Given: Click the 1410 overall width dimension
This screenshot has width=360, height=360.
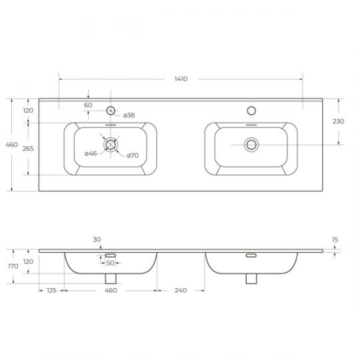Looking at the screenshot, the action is coord(181,79).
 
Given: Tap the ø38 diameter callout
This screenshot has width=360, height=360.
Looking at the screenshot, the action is coord(129,115).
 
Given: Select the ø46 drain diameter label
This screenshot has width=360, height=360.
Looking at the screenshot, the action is coord(91,153).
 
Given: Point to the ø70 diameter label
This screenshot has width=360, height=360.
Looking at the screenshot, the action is coord(133,155).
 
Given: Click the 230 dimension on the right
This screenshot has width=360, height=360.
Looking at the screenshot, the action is coord(338,121).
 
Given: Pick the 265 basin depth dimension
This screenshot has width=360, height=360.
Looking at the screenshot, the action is coord(28,149).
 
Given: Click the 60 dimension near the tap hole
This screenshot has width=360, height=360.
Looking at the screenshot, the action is coord(88,105).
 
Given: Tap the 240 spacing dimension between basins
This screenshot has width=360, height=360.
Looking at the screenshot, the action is coord(181,290).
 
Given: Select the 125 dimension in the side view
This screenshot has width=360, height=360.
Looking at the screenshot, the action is coord(51,290).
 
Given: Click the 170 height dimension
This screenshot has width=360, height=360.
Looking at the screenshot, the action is coord(13,266).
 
